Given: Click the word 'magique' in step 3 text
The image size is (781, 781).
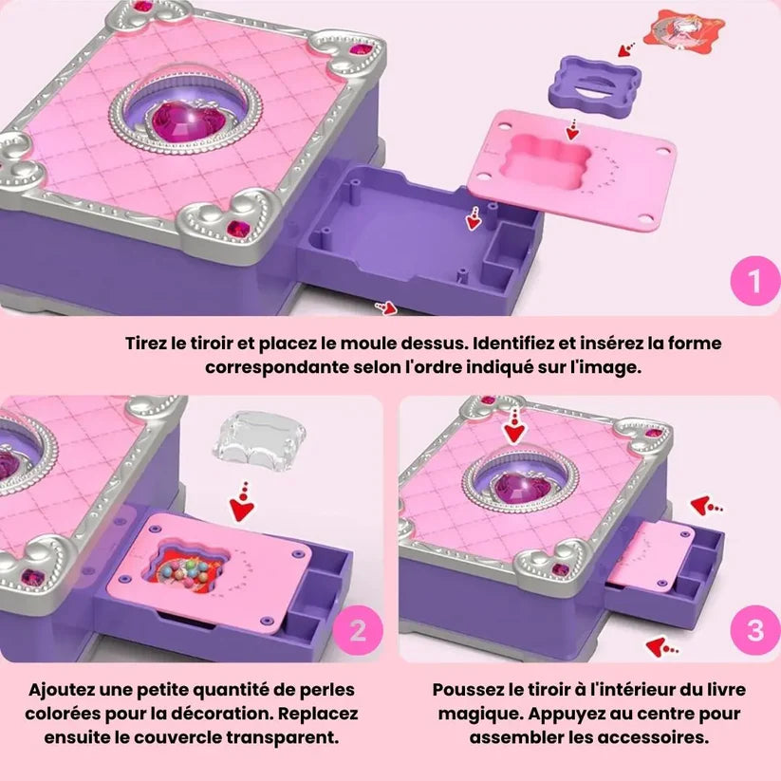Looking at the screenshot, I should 476,714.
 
